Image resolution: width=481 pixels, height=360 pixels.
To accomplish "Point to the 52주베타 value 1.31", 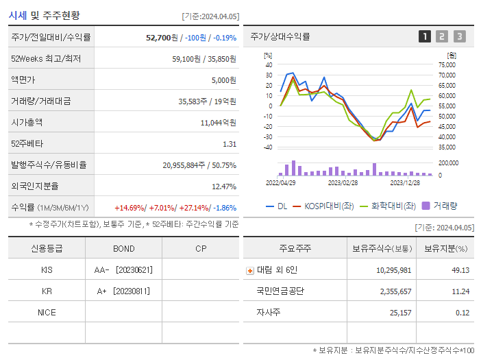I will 230,143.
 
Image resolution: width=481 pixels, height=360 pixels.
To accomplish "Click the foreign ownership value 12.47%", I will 224,186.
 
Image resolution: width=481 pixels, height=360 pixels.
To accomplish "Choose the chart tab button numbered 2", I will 442,36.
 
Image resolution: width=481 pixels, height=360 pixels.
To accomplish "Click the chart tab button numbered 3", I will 459,36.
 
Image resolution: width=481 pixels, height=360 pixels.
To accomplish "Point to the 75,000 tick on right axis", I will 446,64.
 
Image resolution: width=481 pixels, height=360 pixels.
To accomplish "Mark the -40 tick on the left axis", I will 268,147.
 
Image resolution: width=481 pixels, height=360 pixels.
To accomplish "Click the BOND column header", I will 124,248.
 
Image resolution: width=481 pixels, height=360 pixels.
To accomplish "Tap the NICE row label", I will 47,312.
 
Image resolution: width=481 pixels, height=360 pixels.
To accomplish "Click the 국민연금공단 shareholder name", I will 280,291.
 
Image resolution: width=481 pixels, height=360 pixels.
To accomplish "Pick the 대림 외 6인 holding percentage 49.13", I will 460,269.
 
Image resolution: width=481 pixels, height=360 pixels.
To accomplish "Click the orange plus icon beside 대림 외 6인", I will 249,270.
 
